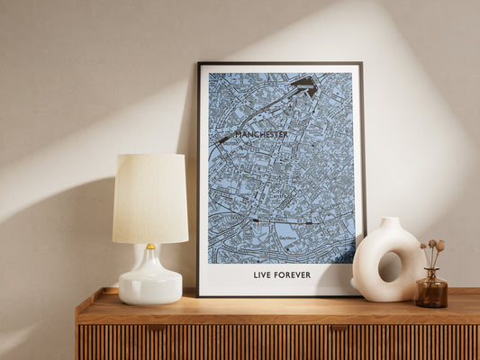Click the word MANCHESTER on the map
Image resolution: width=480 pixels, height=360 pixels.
pos(261,135)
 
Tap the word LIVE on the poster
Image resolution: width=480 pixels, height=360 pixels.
pos(263,274)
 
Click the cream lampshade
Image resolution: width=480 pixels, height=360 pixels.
pos(149,198)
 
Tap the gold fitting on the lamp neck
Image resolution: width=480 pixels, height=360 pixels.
pos(150,246)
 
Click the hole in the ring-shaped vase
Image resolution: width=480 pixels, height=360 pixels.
pos(390,266)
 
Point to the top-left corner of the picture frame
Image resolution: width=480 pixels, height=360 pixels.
pos(199,64)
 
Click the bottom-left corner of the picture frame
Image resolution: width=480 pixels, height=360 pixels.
pos(199,294)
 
